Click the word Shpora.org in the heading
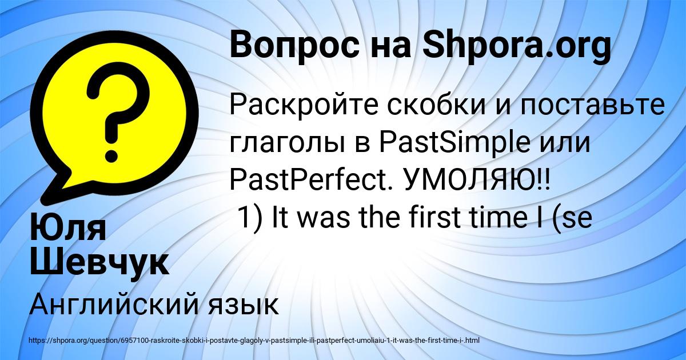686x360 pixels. (x=516, y=46)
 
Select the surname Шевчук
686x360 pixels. (x=98, y=263)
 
